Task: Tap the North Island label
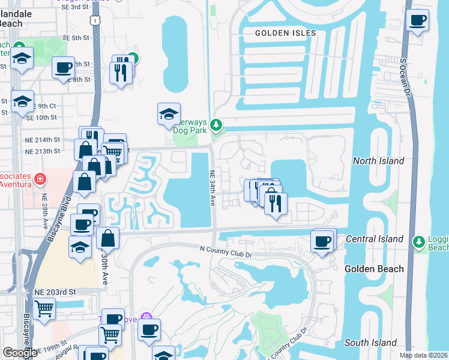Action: (x=378, y=161)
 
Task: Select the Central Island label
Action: (x=375, y=239)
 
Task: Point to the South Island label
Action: (x=370, y=343)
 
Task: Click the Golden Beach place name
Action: (x=374, y=269)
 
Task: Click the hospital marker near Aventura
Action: (x=40, y=179)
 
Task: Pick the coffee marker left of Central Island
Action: (x=322, y=242)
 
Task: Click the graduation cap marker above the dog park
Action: (x=169, y=113)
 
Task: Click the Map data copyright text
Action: (x=424, y=355)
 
